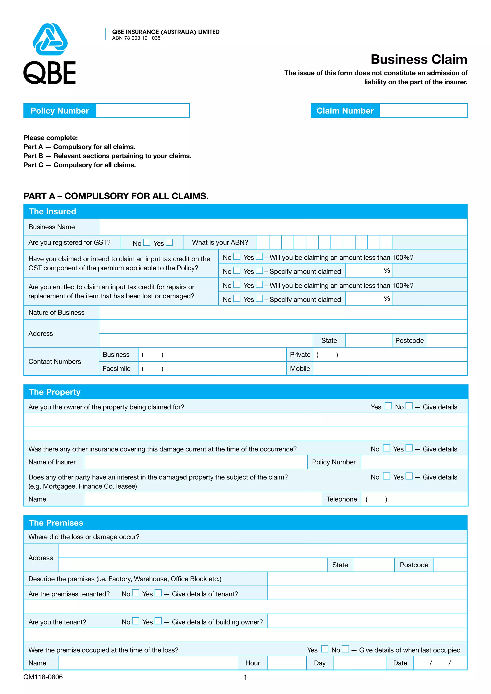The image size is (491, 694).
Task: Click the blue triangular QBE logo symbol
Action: (x=50, y=39)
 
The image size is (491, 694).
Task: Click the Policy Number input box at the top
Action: (x=142, y=111)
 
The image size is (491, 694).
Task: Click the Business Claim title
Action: (x=419, y=59)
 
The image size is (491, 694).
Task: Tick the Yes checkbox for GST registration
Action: (x=169, y=243)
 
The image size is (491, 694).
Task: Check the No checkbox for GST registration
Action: (x=147, y=243)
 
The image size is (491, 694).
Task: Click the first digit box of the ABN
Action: (x=263, y=243)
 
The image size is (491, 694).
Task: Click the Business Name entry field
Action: (x=283, y=227)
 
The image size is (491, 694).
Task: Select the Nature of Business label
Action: (x=57, y=312)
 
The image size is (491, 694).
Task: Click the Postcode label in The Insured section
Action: (x=409, y=341)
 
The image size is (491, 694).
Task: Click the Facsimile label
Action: (x=117, y=369)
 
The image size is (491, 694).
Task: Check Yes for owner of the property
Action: (x=388, y=406)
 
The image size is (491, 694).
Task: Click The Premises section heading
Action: (x=56, y=523)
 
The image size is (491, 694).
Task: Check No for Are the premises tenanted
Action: (x=136, y=593)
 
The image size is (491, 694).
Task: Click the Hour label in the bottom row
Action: (x=252, y=663)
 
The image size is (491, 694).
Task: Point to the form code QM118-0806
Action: (x=43, y=677)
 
